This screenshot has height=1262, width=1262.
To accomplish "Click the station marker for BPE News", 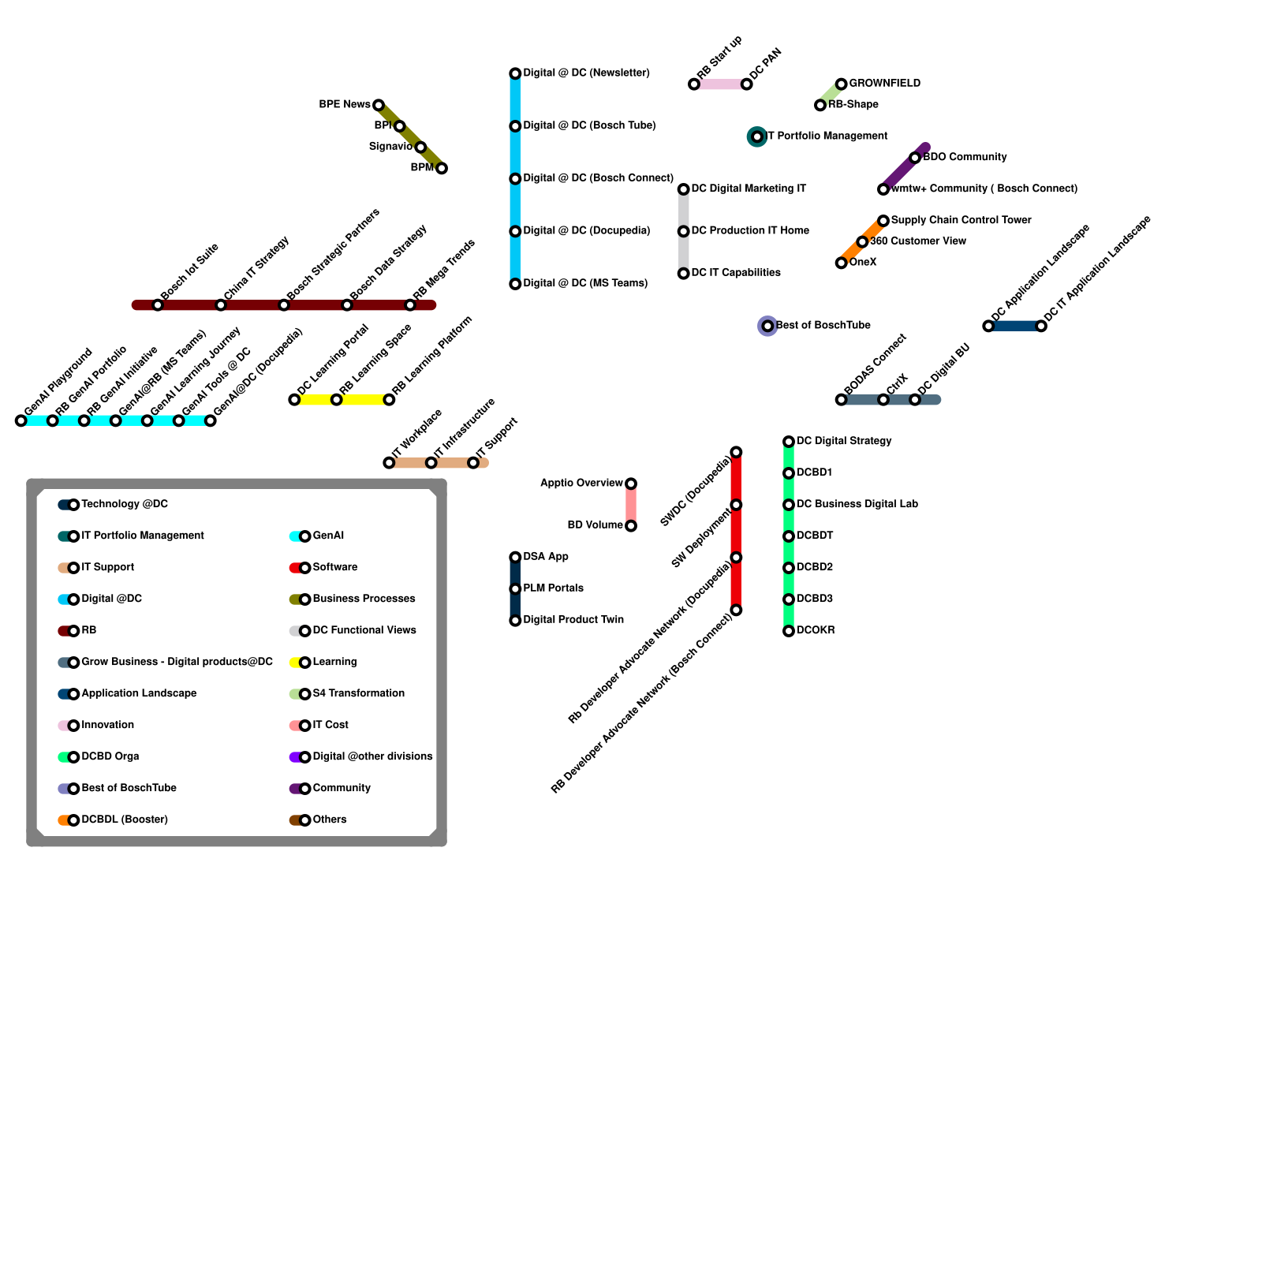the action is pos(379,105).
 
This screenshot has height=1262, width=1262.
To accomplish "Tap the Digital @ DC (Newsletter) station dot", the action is pos(515,73).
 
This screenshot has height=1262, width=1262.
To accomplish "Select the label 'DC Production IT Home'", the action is pos(750,230).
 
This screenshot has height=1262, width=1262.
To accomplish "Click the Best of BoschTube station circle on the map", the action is pos(767,326).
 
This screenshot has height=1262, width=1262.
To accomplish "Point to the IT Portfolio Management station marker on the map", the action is pos(757,136).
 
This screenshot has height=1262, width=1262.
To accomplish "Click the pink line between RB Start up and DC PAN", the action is pos(720,84).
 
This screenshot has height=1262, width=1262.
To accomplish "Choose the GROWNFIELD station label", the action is pos(884,83).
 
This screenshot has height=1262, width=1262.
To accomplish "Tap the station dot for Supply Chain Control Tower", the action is pos(883,221).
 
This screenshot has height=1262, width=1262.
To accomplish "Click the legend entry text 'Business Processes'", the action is pos(364,599).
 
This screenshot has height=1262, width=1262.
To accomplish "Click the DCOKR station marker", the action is pos(789,631).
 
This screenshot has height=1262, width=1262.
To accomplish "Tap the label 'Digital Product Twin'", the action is pos(573,619).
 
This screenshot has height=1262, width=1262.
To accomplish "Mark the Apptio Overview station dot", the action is pos(631,484).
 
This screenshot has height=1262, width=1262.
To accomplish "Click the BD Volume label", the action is pos(596,525).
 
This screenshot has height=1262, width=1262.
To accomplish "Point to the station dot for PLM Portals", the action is pos(515,589).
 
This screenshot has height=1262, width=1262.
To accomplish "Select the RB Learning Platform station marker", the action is pos(389,400).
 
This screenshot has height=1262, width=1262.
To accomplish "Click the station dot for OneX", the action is pos(842,263).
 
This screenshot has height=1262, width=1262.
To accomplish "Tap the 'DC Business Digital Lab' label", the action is pos(857,504).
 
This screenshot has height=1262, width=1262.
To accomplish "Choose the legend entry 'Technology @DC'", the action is pos(125,504).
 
